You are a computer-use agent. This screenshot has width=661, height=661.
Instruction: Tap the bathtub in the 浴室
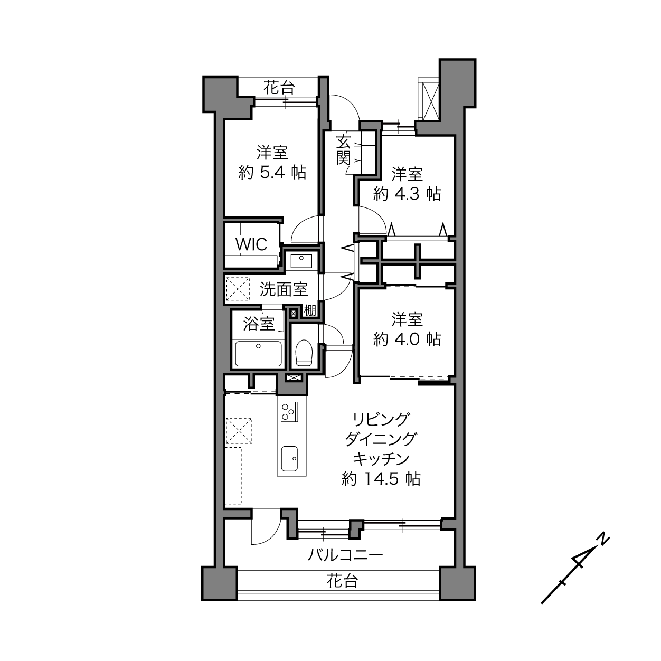coord(258,354)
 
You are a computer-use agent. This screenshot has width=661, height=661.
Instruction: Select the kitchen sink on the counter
coord(289,459)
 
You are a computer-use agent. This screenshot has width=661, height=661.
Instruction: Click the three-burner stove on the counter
coord(289,412)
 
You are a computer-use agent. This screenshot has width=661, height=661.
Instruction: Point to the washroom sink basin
coord(301,261)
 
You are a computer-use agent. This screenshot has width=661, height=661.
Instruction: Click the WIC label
coord(251,244)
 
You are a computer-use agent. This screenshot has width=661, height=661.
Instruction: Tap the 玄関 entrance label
coord(343,150)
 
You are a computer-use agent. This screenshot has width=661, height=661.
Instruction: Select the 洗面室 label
coord(284,289)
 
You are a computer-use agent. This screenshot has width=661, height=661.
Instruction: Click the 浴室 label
coord(259,324)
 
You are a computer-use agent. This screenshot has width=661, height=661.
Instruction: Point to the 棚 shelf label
coord(310,311)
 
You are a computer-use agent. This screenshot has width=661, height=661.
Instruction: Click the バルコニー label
coord(345,554)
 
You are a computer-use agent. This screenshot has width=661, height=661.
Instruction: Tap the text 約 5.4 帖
coord(272,172)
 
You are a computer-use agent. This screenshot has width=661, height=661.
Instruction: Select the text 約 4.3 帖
coord(407,194)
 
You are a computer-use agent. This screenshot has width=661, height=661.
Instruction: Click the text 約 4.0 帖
coord(407,339)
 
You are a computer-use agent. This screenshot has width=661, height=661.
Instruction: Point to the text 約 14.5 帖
coord(381,478)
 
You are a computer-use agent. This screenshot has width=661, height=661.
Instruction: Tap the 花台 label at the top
coord(279,88)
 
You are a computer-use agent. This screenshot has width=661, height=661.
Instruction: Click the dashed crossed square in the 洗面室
coord(238,289)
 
